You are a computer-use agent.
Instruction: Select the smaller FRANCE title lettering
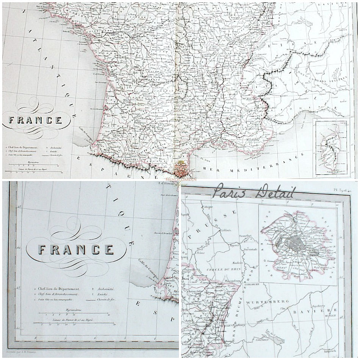35,121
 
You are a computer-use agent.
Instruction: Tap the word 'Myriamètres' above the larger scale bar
74,310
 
